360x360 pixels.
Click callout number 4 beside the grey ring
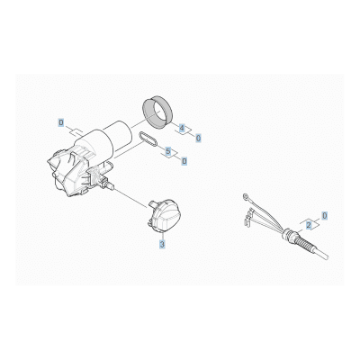click(182, 128)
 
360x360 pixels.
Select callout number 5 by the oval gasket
click(168, 151)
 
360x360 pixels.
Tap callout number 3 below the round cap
click(162, 245)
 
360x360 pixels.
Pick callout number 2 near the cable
click(309, 226)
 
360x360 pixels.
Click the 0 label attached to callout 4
click(198, 138)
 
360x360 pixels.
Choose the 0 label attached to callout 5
click(184, 161)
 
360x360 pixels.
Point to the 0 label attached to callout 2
click(325, 215)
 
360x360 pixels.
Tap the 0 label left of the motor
click(61, 122)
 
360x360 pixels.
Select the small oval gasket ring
click(148, 140)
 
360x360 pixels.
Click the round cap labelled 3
click(164, 214)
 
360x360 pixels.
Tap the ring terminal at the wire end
click(246, 196)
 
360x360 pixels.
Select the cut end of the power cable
click(327, 257)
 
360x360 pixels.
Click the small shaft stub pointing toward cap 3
click(111, 186)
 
